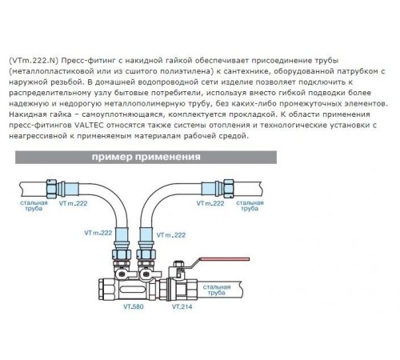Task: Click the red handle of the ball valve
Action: [x=225, y=258]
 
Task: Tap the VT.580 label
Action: [x=134, y=306]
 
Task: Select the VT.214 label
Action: [x=182, y=306]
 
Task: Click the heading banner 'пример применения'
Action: [x=146, y=157]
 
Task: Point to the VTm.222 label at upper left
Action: [x=74, y=203]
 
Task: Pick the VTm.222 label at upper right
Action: [x=210, y=203]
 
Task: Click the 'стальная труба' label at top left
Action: [x=34, y=206]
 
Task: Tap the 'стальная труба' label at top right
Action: [x=250, y=206]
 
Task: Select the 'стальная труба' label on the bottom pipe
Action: [x=217, y=290]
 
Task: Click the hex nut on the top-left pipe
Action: [x=51, y=189]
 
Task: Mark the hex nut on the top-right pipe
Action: [x=229, y=189]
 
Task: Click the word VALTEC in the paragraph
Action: [x=87, y=126]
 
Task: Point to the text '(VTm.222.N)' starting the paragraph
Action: [x=34, y=61]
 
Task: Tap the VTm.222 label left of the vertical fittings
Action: [x=98, y=233]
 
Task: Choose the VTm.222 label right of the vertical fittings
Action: [x=171, y=235]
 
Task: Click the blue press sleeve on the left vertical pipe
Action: [x=122, y=234]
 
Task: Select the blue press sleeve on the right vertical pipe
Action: [x=146, y=234]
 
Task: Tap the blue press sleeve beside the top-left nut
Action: [x=71, y=189]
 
